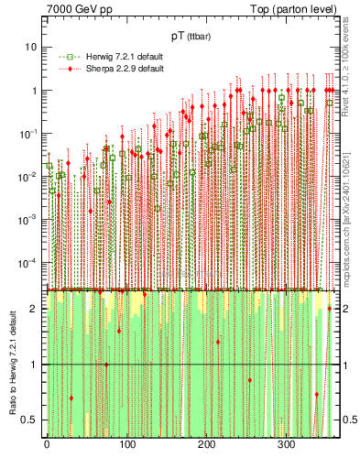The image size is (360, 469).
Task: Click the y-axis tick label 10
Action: coord(30,47)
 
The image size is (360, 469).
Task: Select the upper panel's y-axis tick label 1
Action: coord(34,90)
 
